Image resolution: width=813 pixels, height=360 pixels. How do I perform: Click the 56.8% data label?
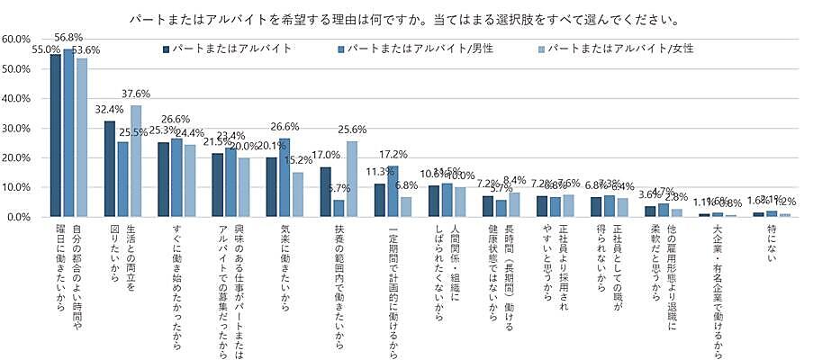[x=68, y=37]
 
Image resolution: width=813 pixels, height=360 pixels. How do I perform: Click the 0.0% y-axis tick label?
[x=21, y=217]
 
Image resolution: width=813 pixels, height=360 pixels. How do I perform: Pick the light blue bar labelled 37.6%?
[x=136, y=161]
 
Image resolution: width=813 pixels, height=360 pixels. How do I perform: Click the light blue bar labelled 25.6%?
[x=352, y=179]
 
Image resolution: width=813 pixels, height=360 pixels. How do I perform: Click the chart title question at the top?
[x=404, y=18]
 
